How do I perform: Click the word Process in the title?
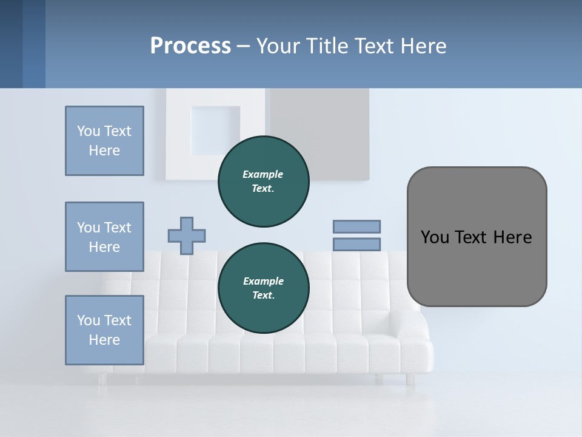pyautogui.click(x=190, y=46)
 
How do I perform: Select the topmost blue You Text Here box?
pyautogui.click(x=104, y=141)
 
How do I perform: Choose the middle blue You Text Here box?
pyautogui.click(x=104, y=237)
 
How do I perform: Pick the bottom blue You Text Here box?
pyautogui.click(x=104, y=330)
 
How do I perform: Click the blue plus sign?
pyautogui.click(x=187, y=235)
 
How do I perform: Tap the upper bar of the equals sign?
pyautogui.click(x=356, y=226)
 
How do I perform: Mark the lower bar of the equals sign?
pyautogui.click(x=356, y=245)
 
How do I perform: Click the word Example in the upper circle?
pyautogui.click(x=263, y=174)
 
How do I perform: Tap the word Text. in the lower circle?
pyautogui.click(x=263, y=296)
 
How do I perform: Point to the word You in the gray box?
pyautogui.click(x=433, y=237)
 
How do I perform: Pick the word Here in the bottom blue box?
pyautogui.click(x=104, y=340)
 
